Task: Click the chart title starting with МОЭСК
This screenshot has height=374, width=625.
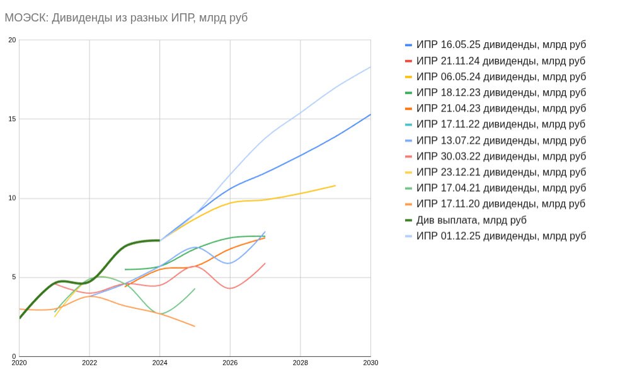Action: coord(126,18)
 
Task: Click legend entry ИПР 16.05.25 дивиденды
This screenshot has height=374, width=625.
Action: coord(501,45)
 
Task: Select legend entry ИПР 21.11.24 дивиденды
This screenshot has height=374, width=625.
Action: coord(501,61)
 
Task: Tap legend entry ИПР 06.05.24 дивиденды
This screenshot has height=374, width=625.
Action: coord(501,76)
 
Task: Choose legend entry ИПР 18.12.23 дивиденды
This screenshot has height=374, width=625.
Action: coord(501,93)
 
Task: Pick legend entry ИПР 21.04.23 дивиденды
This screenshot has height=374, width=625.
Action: coord(501,108)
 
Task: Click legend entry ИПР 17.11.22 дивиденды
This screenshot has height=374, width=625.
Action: coord(501,124)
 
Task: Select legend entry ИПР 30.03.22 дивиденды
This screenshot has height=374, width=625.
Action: coord(501,156)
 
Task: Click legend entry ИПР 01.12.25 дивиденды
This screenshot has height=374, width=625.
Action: coord(501,236)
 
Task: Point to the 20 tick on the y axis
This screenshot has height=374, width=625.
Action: coord(13,40)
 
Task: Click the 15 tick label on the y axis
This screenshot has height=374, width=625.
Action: coord(13,119)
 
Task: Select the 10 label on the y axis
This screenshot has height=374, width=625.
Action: coord(13,199)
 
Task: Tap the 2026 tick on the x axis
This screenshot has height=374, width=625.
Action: coord(230,363)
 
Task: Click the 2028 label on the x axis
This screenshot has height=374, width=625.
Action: coord(301,363)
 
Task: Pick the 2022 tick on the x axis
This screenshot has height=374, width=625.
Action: coord(89,363)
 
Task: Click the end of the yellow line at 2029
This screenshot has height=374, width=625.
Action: coord(335,185)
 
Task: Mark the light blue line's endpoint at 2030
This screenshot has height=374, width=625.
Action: coord(370,67)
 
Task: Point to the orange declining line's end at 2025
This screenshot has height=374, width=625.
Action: coord(195,326)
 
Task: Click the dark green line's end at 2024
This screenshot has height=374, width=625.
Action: coord(159,240)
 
